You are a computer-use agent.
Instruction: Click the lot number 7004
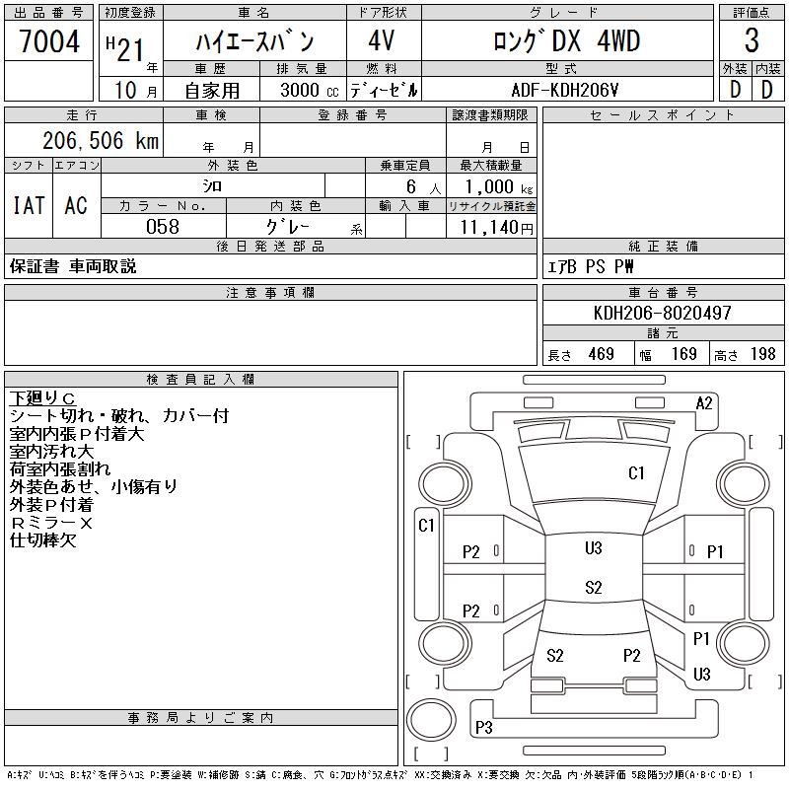coord(49,41)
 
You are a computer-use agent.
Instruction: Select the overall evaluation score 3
coord(752,41)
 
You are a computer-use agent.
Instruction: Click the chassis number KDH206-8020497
coord(663,313)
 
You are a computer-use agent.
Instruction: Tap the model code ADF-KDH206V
coord(566,90)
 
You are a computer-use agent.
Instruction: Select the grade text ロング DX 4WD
coord(566,41)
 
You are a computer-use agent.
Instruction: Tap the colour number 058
coord(163,227)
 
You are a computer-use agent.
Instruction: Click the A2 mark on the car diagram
coord(704,402)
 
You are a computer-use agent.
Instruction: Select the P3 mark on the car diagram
coord(483,728)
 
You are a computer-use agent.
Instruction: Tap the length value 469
coord(595,354)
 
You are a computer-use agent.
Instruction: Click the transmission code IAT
coord(27,205)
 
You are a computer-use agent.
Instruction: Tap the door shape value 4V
coord(384,41)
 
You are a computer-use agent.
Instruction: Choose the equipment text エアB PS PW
coord(591,266)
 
